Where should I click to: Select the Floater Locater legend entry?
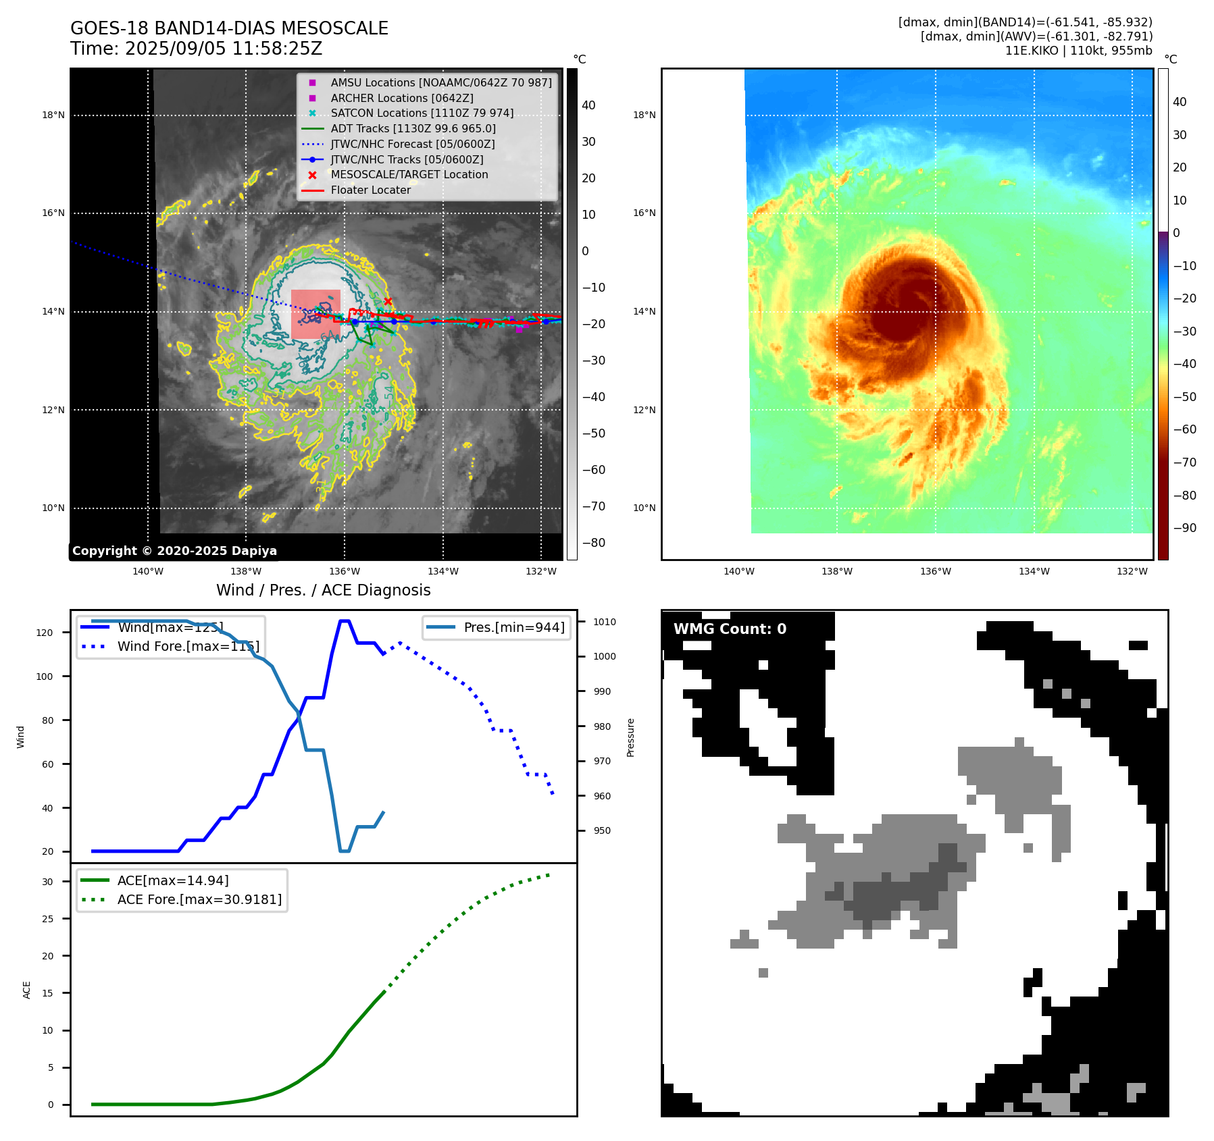(x=370, y=190)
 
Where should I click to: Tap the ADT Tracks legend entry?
(x=413, y=128)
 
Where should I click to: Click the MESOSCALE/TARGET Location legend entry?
(x=409, y=174)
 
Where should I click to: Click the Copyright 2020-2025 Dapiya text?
(x=174, y=551)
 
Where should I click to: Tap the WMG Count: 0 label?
(x=730, y=629)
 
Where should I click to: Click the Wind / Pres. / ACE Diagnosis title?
(x=323, y=590)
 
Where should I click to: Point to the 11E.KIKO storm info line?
(x=1078, y=51)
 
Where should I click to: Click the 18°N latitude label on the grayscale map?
(x=53, y=115)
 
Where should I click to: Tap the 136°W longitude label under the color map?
(x=935, y=571)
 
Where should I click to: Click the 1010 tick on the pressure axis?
(x=605, y=622)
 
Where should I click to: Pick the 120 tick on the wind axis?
(x=45, y=633)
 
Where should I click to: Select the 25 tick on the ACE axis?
(x=47, y=919)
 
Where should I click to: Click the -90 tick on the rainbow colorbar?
(x=1184, y=528)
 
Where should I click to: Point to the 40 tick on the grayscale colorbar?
(x=588, y=105)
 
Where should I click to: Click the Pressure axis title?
(x=630, y=737)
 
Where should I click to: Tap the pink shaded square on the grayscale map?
(x=315, y=314)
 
